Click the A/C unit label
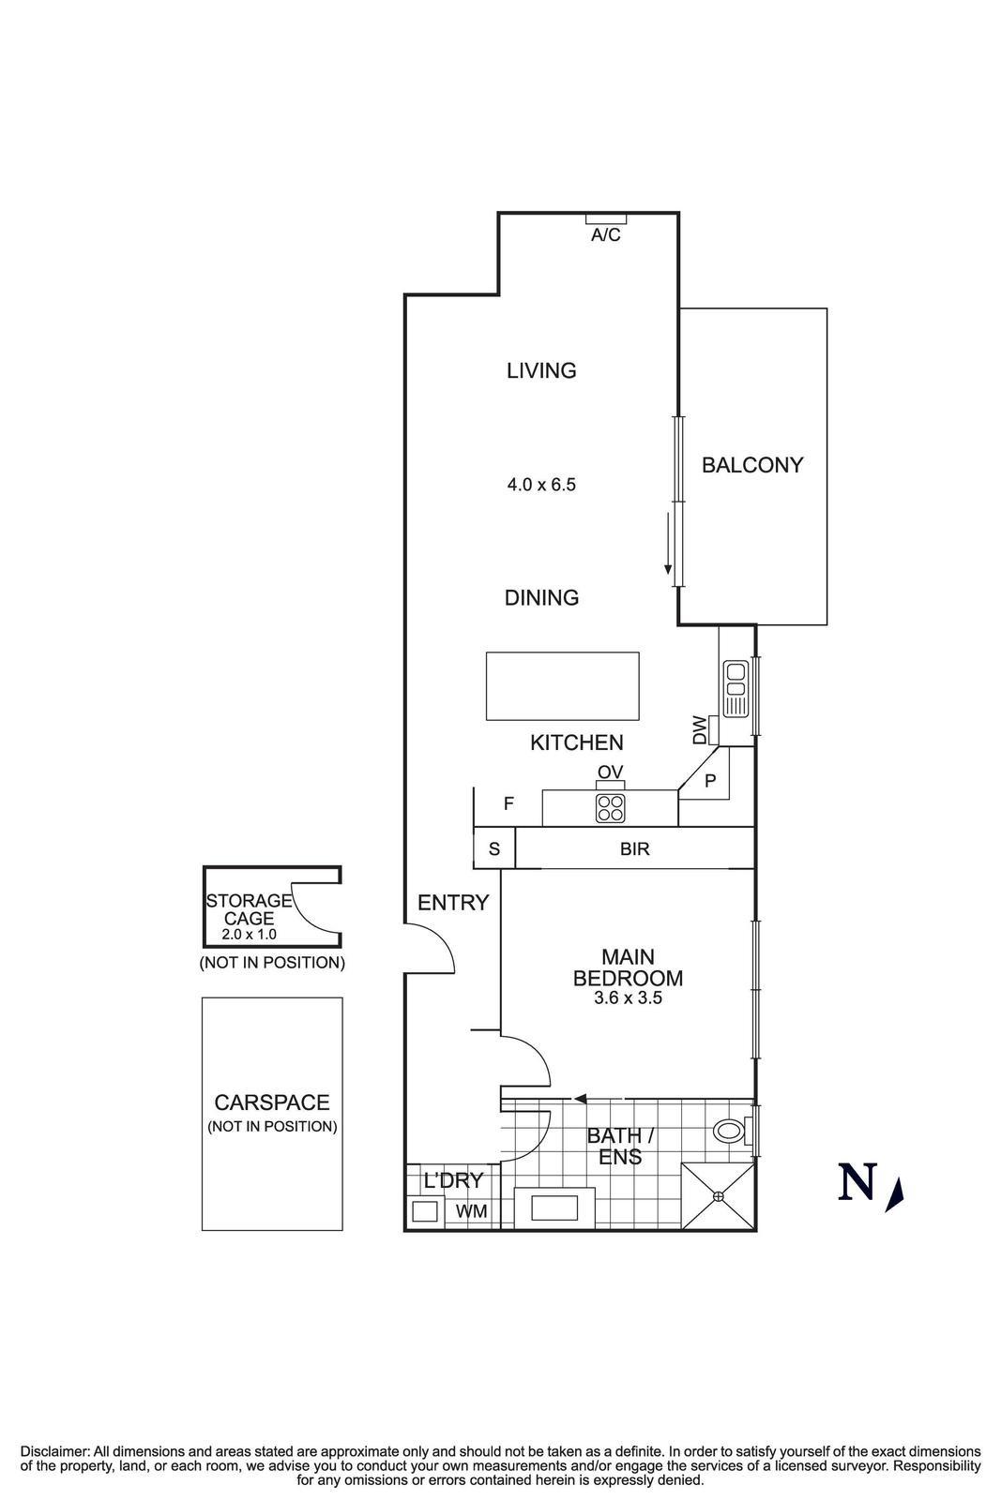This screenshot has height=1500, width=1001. click(605, 235)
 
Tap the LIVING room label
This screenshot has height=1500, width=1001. click(541, 370)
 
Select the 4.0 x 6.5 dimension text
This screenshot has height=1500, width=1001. click(541, 485)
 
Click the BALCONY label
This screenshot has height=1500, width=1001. click(752, 465)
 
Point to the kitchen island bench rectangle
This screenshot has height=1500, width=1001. click(562, 686)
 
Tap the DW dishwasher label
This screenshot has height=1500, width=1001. click(699, 729)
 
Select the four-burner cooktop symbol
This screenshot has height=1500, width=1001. click(610, 808)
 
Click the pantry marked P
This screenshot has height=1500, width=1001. click(710, 780)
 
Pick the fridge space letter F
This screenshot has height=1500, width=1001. click(508, 803)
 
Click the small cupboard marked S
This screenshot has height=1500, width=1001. click(494, 849)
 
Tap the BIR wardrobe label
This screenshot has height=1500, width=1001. click(635, 849)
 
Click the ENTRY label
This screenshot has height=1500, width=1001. click(453, 903)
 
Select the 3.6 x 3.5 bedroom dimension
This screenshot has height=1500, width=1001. click(628, 998)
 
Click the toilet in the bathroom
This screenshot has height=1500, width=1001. click(730, 1131)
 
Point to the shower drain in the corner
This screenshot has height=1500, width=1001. click(719, 1196)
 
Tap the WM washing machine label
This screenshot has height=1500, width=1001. click(471, 1211)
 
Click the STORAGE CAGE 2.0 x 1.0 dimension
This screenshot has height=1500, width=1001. click(249, 935)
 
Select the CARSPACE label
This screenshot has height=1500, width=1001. click(272, 1103)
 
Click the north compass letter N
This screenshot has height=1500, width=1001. click(857, 1182)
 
